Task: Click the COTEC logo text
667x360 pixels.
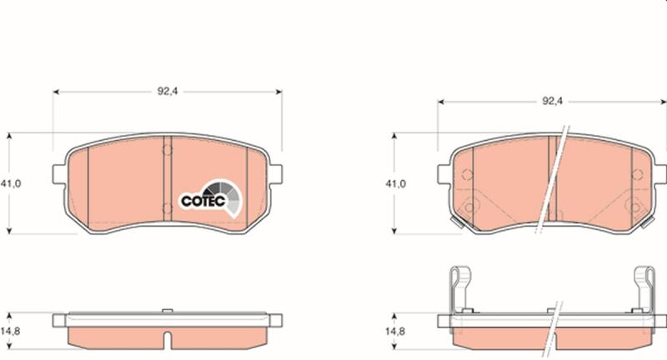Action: tap(203, 201)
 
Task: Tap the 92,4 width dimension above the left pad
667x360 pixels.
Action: tap(168, 92)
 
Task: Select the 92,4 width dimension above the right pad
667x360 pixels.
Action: tap(552, 101)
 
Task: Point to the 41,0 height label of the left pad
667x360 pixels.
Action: tap(11, 183)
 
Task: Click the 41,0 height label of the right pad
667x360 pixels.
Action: tap(395, 183)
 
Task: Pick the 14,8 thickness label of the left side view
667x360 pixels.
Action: tap(10, 331)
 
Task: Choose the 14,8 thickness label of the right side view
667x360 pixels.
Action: tap(395, 331)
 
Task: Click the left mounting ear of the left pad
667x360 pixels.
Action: tap(59, 174)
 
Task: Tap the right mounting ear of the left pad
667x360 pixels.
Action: tap(275, 174)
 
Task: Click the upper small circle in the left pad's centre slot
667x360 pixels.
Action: tap(168, 150)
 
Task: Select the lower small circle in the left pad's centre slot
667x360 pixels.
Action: tap(168, 208)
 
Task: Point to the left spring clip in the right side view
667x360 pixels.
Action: tap(461, 289)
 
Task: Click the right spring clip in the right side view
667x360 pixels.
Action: tap(644, 289)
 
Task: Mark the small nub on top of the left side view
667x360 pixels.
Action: tap(168, 311)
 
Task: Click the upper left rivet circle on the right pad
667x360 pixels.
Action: tap(467, 174)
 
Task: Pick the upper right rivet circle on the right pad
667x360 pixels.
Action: tap(637, 174)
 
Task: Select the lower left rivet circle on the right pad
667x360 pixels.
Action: tap(469, 207)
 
